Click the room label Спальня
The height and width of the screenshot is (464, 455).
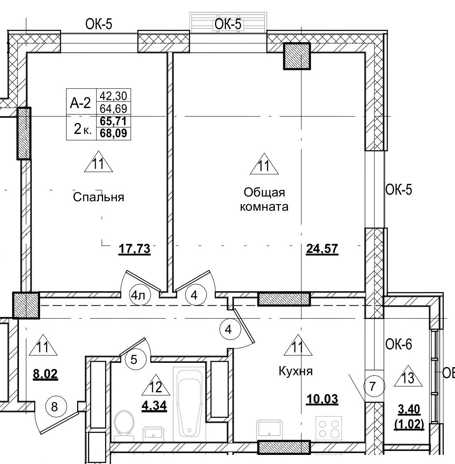point(98,197)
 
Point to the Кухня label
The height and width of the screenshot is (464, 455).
point(296,371)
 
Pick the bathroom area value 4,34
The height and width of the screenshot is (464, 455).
point(154,405)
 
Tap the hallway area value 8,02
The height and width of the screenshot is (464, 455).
point(45,374)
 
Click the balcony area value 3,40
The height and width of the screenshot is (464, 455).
point(409,410)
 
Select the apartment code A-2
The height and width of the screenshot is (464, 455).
point(80,104)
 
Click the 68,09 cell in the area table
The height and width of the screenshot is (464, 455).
point(113,134)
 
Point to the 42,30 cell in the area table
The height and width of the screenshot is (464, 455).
point(113,96)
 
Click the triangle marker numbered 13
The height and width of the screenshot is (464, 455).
point(408,378)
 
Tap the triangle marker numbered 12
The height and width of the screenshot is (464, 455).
point(155,386)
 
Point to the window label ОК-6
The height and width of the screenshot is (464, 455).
point(399,344)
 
